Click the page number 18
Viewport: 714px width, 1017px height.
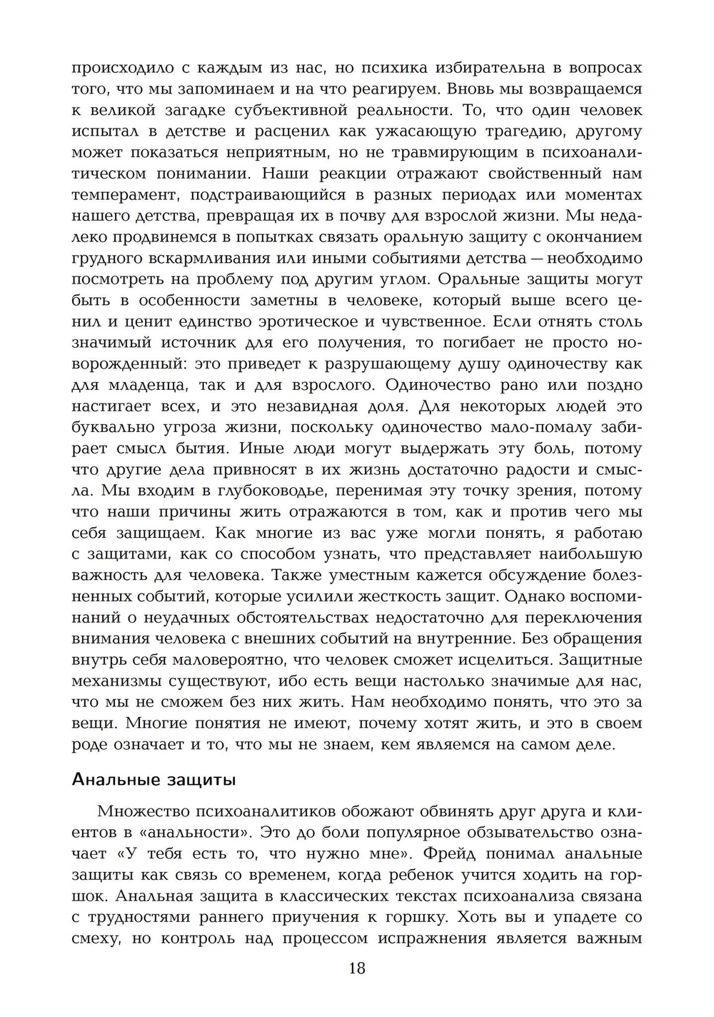click(x=357, y=968)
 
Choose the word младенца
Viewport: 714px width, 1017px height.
click(x=139, y=385)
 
